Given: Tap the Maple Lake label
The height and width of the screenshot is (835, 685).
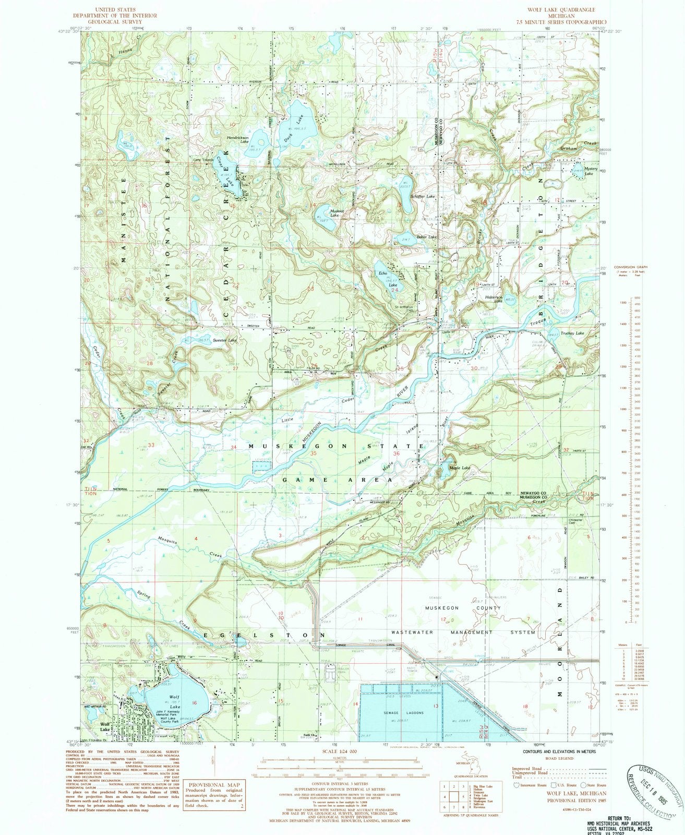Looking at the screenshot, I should pos(461,468).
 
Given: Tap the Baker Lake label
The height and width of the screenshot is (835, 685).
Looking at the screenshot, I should pos(426,237).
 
